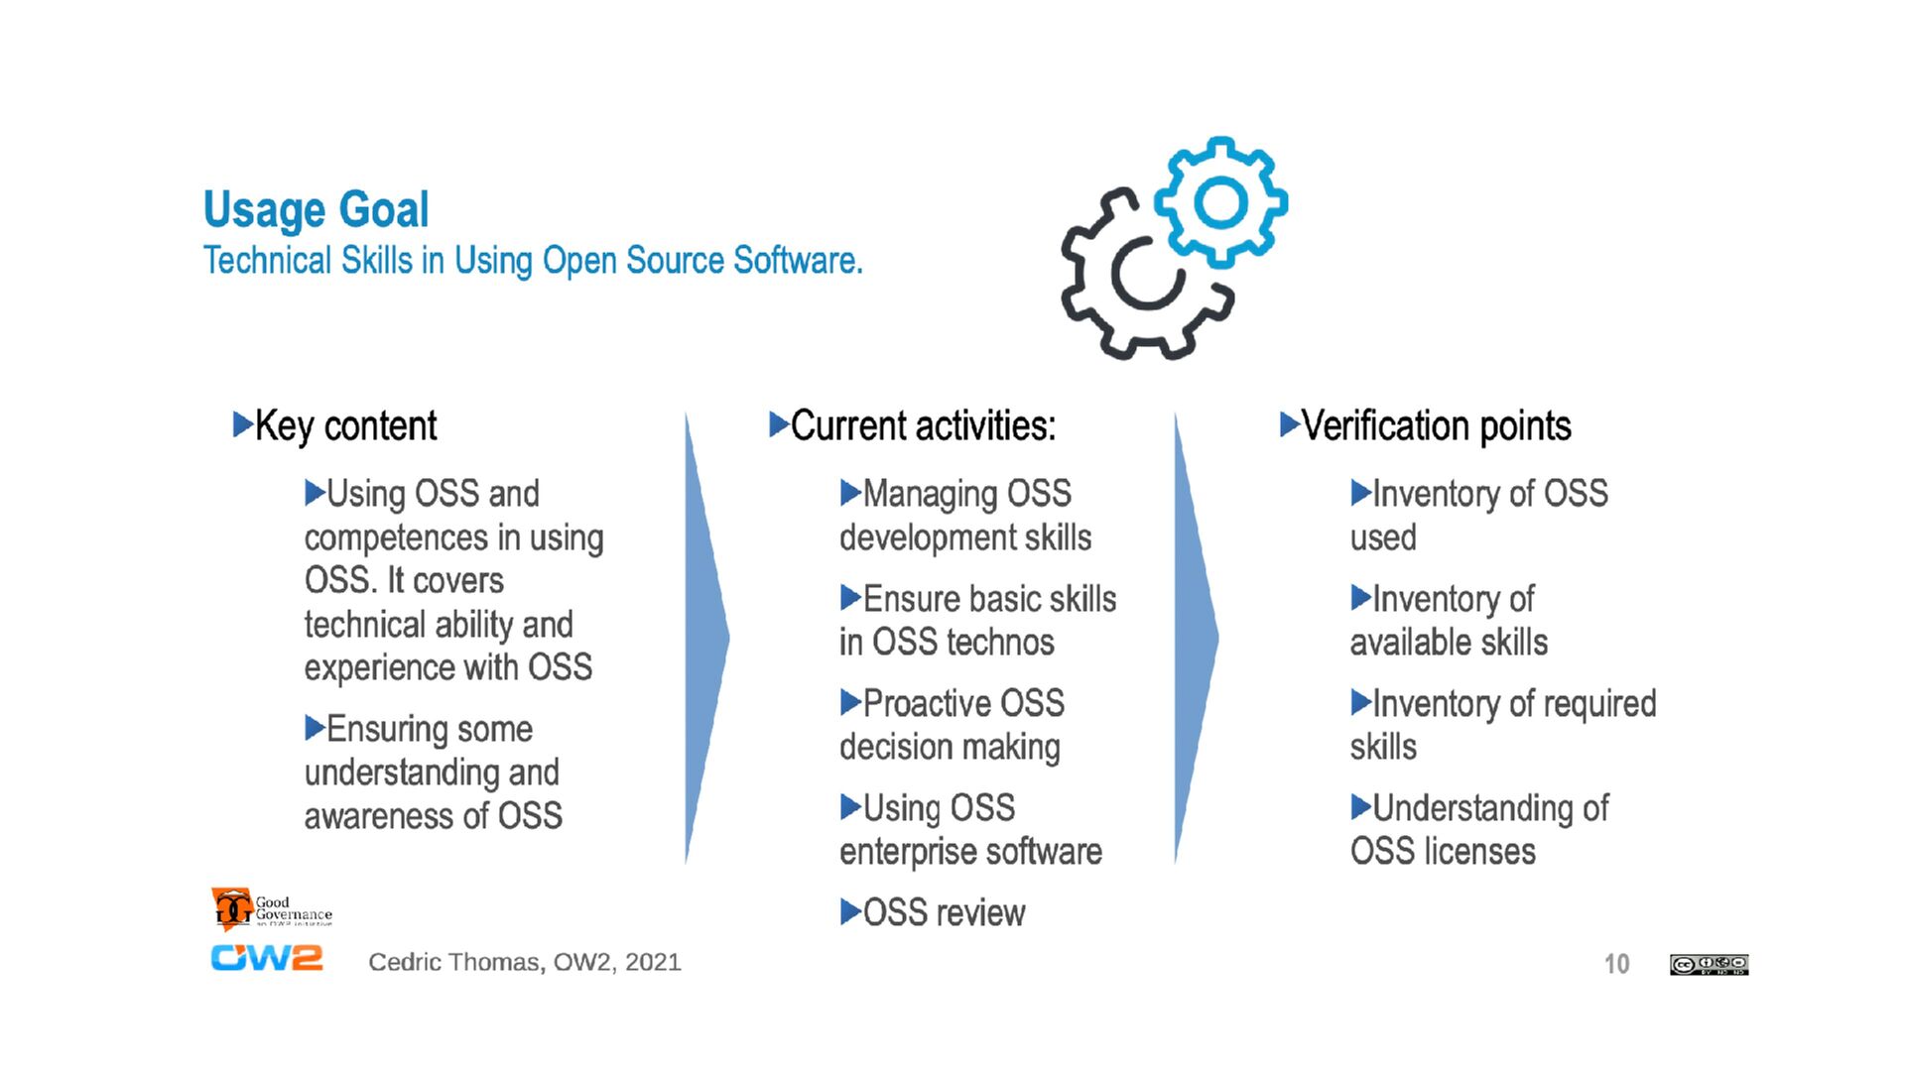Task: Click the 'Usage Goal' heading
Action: pos(316,209)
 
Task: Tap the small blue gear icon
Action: pos(1221,202)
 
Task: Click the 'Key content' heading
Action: pos(345,426)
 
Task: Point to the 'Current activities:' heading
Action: pos(923,426)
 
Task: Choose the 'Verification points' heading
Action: pos(1436,426)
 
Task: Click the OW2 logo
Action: pos(266,959)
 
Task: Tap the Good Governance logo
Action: pos(271,908)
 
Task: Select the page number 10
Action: pos(1616,964)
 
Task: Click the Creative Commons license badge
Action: pos(1709,965)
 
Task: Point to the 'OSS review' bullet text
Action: pos(944,913)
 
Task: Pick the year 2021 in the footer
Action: pos(653,962)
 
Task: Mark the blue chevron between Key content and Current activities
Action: pos(706,639)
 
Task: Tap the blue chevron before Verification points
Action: pos(1196,639)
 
